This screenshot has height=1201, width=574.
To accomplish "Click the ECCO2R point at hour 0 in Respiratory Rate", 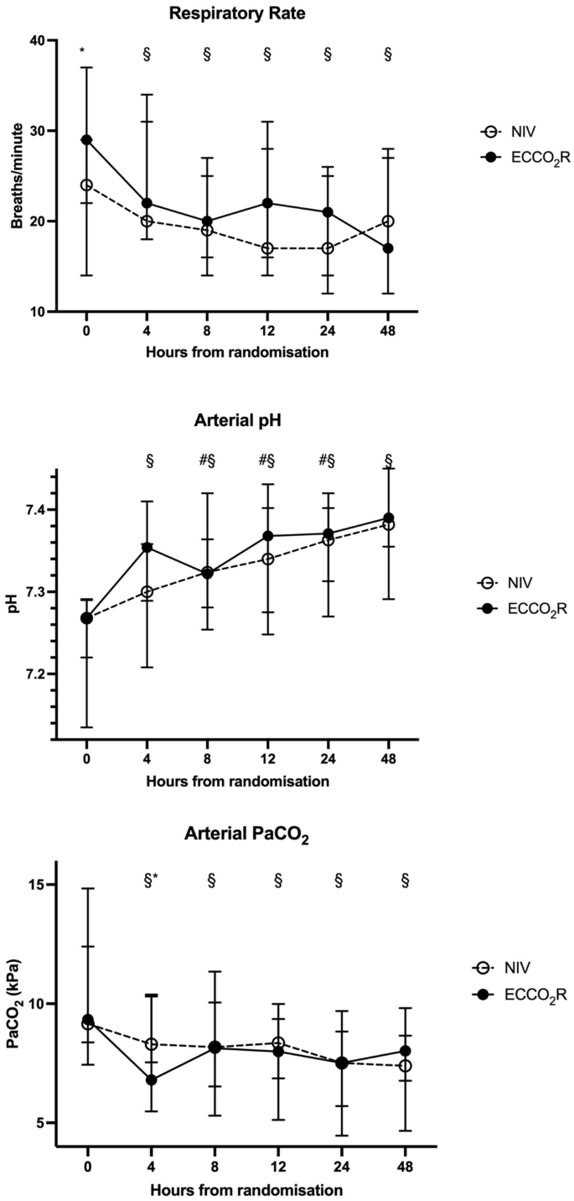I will pyautogui.click(x=87, y=140).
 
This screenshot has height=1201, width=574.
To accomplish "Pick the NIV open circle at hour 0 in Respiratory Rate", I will pyautogui.click(x=87, y=185).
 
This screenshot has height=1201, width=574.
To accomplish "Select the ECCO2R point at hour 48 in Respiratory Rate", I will pyautogui.click(x=388, y=248).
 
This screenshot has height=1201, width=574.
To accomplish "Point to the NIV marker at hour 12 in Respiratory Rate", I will pyautogui.click(x=267, y=248).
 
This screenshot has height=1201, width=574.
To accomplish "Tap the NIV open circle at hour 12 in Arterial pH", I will pyautogui.click(x=267, y=559).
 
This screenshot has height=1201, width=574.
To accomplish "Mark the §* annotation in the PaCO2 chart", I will pyautogui.click(x=152, y=880).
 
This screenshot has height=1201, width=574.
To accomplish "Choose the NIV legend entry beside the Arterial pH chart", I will pyautogui.click(x=509, y=583).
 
